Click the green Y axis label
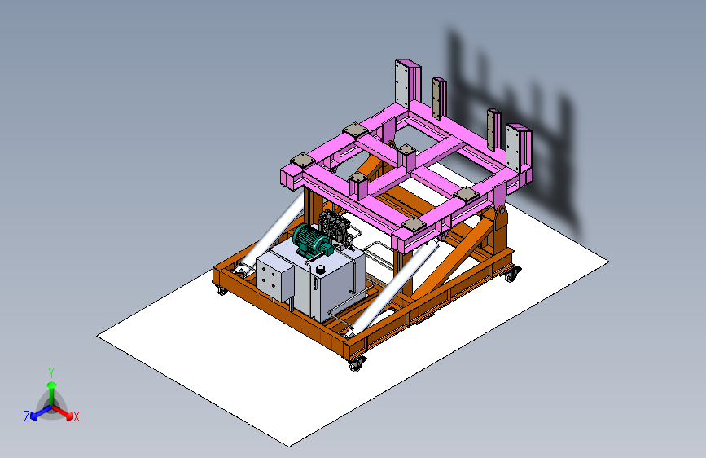[x=50, y=372]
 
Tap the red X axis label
[x=77, y=416]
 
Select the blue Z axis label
[x=27, y=416]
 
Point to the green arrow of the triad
[x=51, y=389]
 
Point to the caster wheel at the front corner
[x=355, y=364]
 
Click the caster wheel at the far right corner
[x=511, y=275]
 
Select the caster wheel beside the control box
[x=221, y=289]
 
